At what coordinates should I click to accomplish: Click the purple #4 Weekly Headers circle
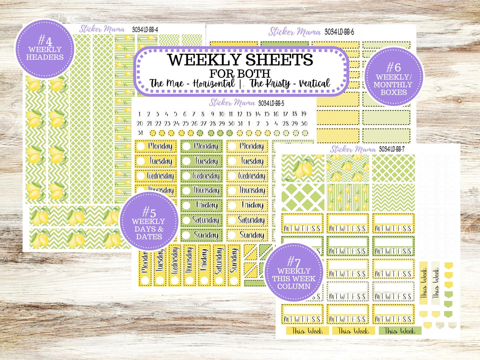(45, 49)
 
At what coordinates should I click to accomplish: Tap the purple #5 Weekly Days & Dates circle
(149, 221)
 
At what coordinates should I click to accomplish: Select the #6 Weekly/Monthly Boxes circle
(394, 76)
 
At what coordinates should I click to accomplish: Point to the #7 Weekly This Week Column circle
(294, 272)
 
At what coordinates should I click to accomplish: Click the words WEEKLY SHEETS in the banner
(240, 60)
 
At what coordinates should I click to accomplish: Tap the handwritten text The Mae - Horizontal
(192, 83)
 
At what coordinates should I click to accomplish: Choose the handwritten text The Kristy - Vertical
(290, 83)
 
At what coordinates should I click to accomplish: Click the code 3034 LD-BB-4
(145, 30)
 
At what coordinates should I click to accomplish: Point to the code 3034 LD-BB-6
(339, 32)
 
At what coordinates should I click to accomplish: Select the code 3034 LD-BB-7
(392, 149)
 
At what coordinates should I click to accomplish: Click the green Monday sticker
(202, 146)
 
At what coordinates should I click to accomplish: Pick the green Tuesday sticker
(202, 161)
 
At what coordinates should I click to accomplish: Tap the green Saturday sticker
(202, 220)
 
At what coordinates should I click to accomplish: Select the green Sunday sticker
(202, 235)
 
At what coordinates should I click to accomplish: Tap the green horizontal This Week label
(400, 331)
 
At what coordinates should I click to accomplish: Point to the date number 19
(303, 114)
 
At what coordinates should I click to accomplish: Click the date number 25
(185, 124)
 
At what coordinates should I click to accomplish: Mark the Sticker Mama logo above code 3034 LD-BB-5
(232, 103)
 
